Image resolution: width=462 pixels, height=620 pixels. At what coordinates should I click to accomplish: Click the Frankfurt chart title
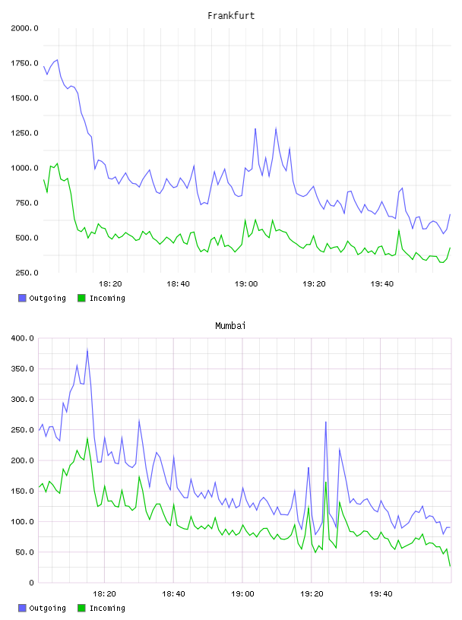coord(231,15)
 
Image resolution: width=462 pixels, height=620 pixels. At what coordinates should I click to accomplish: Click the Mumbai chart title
coord(230,325)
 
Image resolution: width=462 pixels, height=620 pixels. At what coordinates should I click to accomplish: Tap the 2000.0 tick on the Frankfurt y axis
coord(24,28)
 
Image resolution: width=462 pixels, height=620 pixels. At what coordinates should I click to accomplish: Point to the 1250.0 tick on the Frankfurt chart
coord(24,133)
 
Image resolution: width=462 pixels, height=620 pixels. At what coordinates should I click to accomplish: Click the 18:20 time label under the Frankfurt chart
coord(110,283)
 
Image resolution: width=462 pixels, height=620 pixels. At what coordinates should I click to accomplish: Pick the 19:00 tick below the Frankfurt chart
coord(246,283)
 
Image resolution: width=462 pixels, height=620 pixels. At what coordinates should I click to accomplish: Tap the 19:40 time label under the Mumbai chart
coord(381,593)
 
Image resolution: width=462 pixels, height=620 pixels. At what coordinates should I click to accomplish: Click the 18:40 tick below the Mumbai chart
coord(174,593)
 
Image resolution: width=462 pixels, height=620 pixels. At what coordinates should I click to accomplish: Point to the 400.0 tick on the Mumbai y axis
coord(23,338)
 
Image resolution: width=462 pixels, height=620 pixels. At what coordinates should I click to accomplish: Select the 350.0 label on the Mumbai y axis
coord(23,369)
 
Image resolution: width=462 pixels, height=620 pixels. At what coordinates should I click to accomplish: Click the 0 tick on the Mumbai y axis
coord(32,583)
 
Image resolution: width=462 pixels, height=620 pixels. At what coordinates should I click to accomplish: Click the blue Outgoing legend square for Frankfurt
coord(22,298)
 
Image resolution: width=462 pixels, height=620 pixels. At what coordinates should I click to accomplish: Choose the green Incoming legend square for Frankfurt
coord(81,298)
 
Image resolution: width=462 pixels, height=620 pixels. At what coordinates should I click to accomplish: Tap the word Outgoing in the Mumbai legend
coord(47,608)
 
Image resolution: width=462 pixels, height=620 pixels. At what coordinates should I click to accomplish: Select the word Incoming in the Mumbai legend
coord(107,608)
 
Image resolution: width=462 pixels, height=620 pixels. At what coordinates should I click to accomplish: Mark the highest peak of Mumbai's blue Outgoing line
coord(87,350)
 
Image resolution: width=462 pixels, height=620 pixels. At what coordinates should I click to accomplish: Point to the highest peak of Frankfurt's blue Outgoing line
coord(57,60)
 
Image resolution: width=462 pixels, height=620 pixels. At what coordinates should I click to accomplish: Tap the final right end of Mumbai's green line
coord(450,566)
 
